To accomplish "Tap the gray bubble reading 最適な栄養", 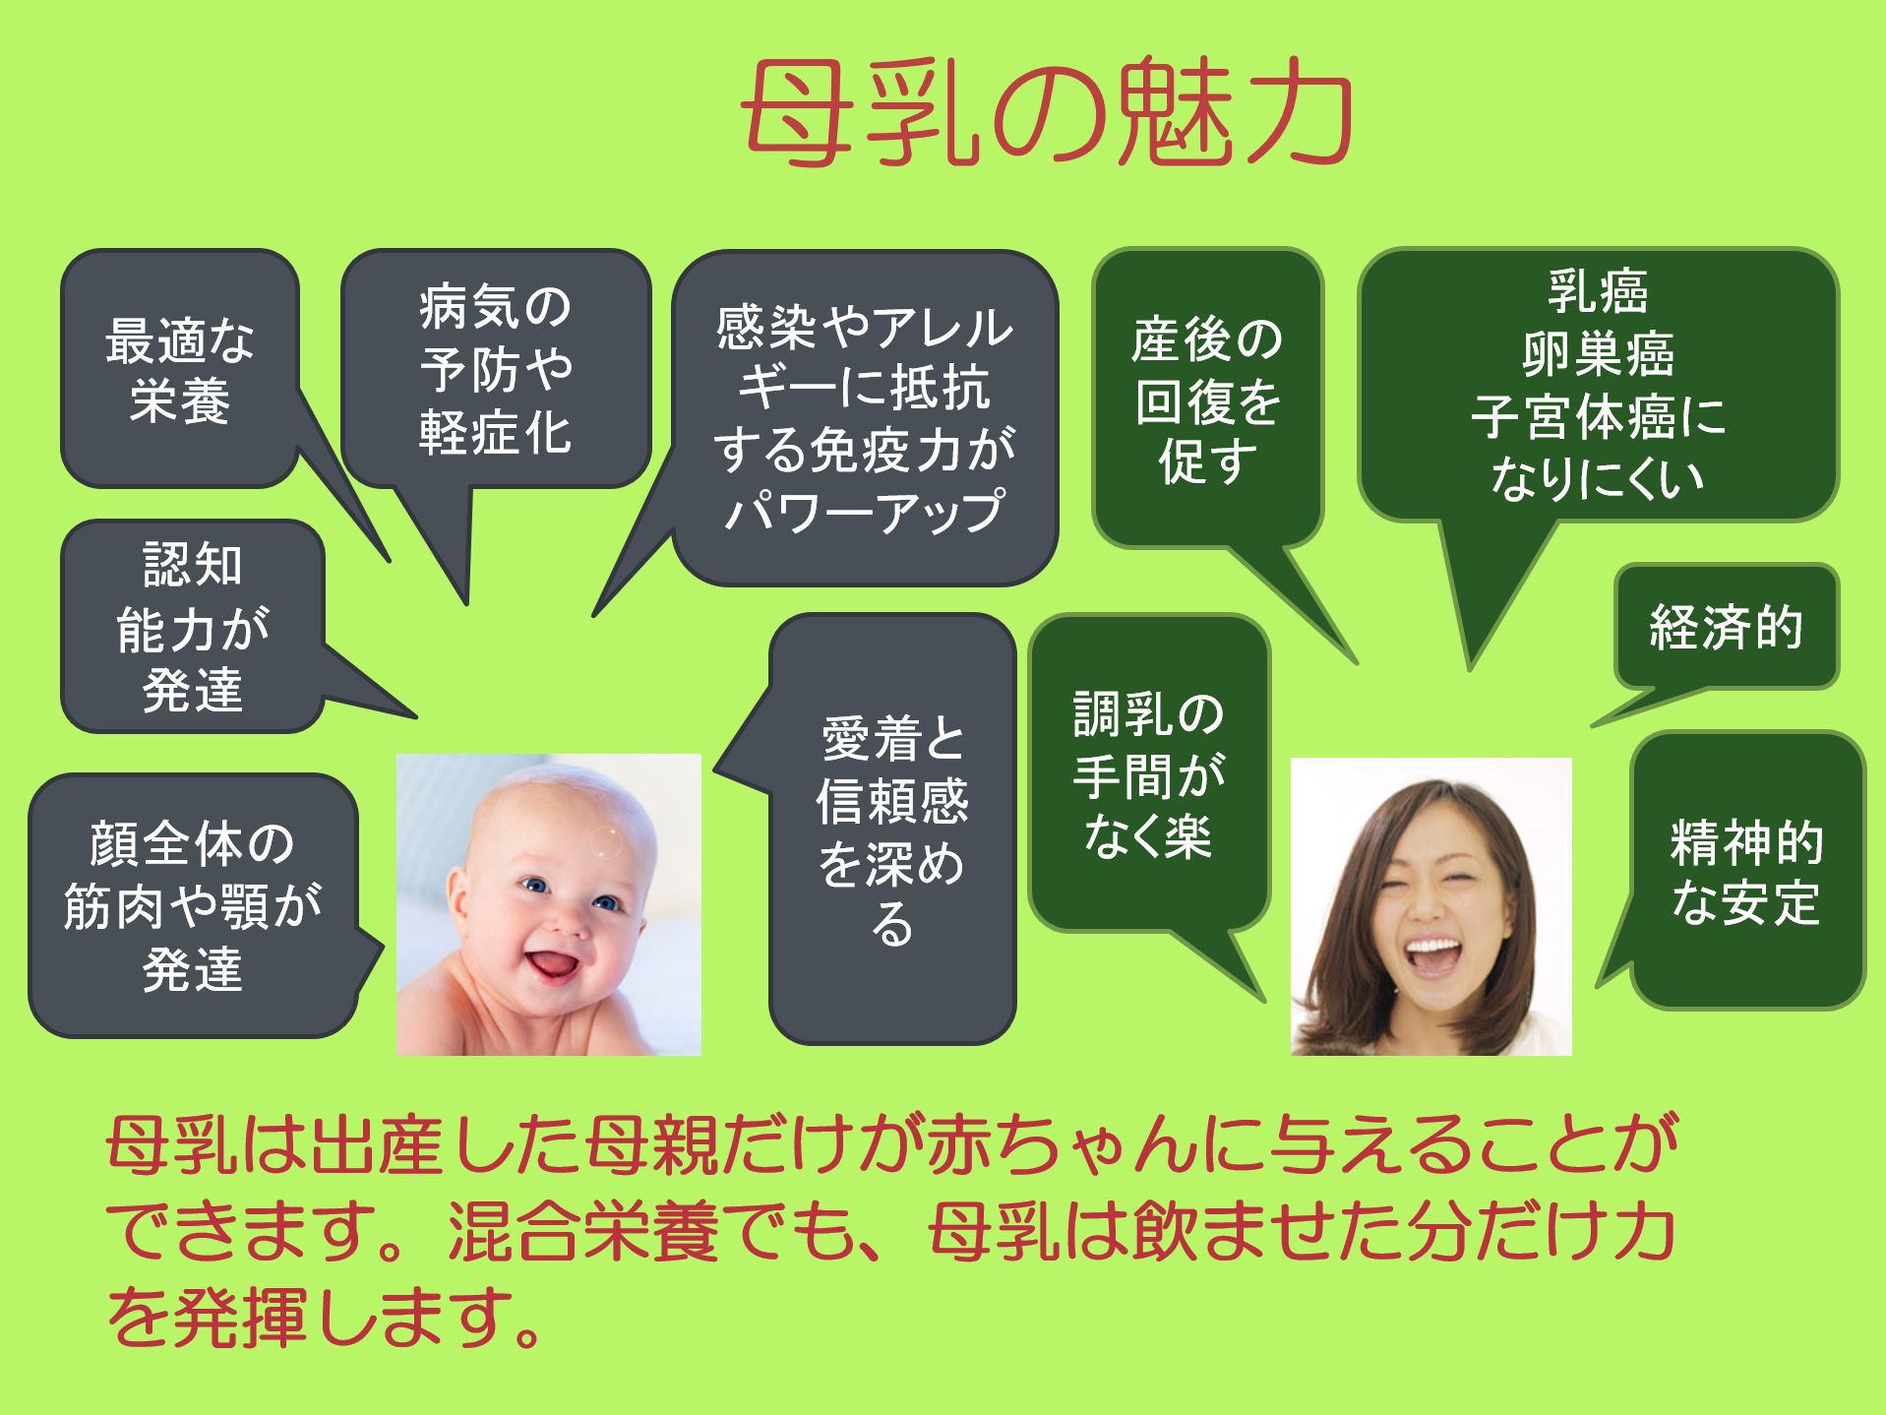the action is [180, 368].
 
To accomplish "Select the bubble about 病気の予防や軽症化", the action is [496, 368].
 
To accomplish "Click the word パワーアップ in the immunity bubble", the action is [865, 511].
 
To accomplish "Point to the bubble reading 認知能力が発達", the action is [193, 626].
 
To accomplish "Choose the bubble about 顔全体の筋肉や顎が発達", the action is [193, 905].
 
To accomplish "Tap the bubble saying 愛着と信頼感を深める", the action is [891, 829].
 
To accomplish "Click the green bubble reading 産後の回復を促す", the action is [1207, 398].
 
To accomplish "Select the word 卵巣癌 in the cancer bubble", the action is [1598, 353].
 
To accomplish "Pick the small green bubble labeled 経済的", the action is [1726, 626].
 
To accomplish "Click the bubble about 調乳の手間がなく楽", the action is [1148, 773].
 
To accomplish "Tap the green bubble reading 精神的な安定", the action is [1746, 871].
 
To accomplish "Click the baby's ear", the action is [458, 898].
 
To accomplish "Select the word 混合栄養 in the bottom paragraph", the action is [582, 1231].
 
